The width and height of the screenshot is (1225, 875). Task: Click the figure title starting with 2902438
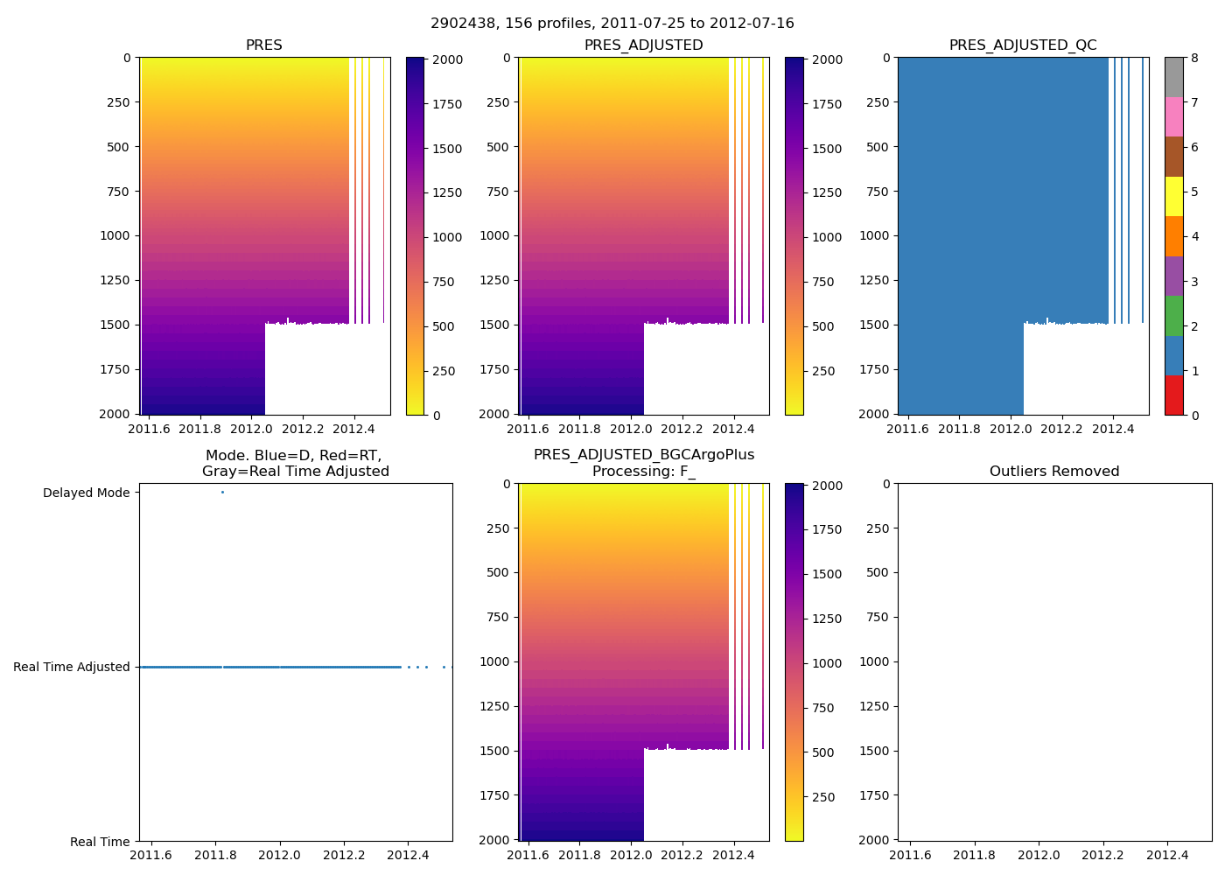(612, 24)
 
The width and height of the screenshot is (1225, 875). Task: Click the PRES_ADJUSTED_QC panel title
(1023, 45)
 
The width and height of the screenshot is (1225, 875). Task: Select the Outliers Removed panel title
(1054, 472)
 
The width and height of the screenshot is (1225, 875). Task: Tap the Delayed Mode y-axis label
(86, 493)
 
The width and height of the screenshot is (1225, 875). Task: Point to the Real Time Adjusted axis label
(72, 667)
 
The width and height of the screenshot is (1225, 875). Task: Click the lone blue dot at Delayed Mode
(222, 492)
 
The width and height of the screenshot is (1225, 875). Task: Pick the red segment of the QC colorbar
(1173, 395)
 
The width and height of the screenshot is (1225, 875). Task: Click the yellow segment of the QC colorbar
(1173, 197)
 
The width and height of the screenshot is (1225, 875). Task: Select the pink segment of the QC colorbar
(1173, 117)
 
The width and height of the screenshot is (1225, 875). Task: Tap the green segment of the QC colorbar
(1173, 316)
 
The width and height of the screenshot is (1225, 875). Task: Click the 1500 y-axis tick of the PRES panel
(115, 325)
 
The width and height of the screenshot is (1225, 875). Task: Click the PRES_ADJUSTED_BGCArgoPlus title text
(643, 455)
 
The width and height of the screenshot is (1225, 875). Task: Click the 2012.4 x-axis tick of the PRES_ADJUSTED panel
(733, 430)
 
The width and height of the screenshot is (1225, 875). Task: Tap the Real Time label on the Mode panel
(100, 842)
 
